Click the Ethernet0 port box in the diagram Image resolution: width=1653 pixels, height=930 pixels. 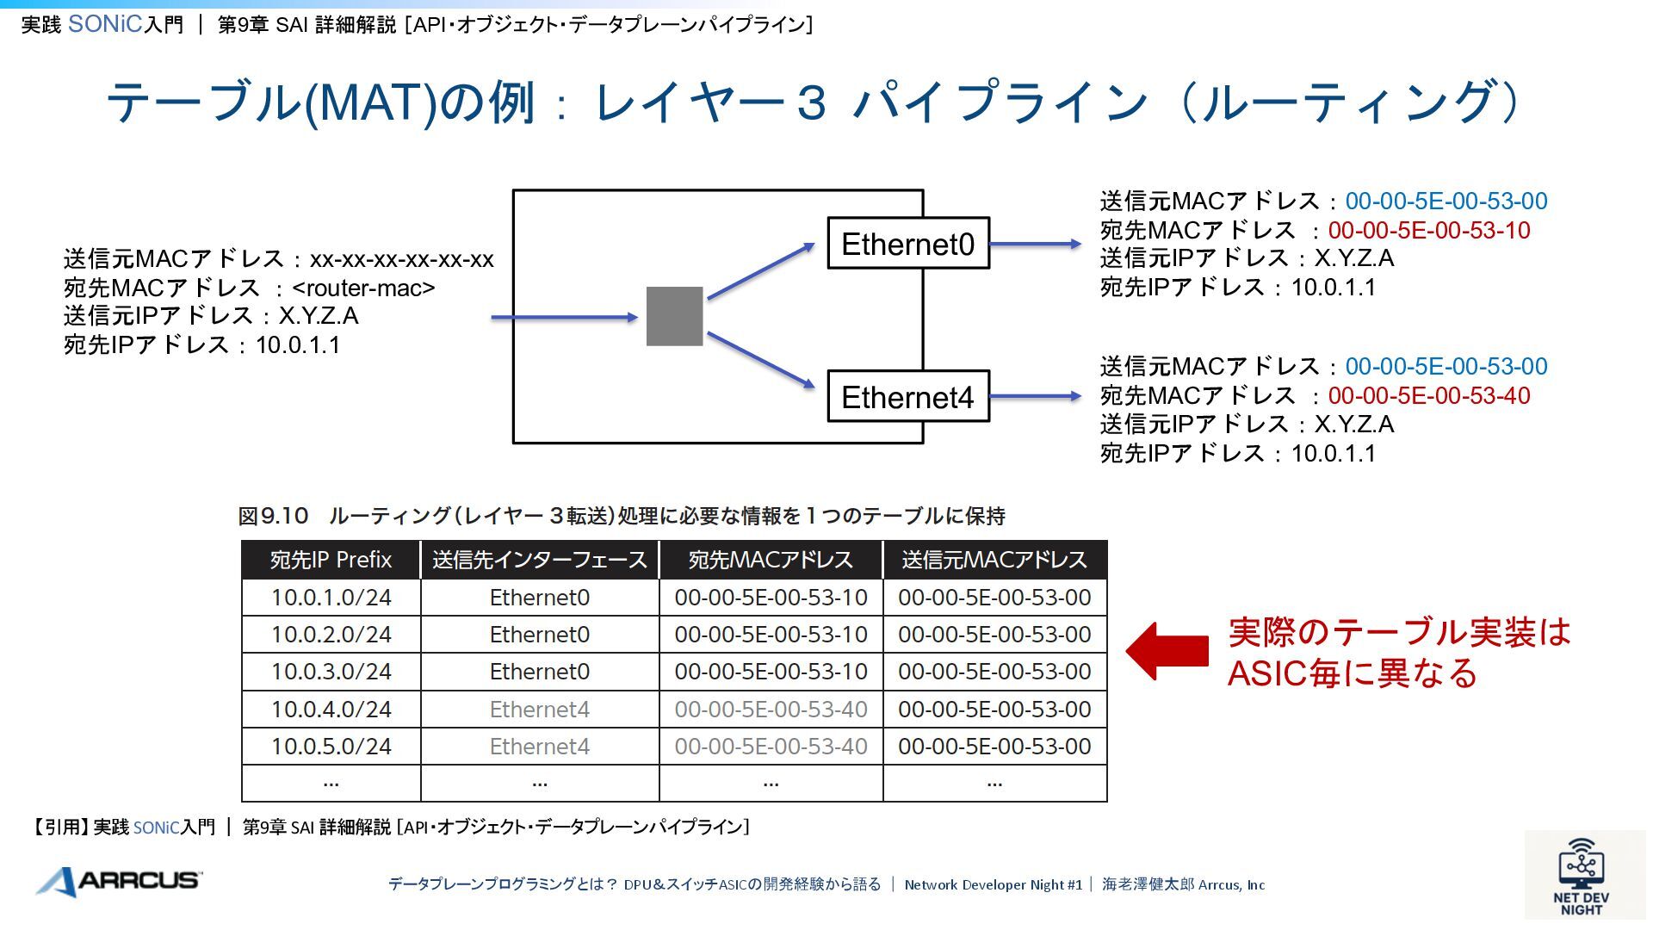907,244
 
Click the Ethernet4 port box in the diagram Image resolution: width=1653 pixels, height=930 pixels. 907,397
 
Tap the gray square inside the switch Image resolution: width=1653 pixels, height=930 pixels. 674,316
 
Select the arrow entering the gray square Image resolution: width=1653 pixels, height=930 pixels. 564,318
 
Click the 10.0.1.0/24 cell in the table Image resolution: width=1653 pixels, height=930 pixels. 331,598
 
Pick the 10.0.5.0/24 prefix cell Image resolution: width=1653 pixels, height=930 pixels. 331,747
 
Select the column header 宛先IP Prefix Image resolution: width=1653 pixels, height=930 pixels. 331,560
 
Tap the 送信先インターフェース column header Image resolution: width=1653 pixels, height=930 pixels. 539,560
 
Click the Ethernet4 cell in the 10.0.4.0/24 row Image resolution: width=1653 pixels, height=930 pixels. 539,710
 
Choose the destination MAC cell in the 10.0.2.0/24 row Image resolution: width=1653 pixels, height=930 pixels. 771,635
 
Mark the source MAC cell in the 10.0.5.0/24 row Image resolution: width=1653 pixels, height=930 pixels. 994,747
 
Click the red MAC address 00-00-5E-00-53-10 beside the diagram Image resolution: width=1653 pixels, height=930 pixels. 1429,231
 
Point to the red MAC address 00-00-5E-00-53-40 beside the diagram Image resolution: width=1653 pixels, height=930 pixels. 1429,396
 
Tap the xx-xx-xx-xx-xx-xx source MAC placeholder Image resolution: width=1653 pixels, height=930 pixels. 401,259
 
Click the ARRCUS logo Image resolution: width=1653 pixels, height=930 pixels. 119,881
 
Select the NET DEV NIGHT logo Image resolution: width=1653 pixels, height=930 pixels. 1582,877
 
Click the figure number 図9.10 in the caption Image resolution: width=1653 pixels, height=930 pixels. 273,516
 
